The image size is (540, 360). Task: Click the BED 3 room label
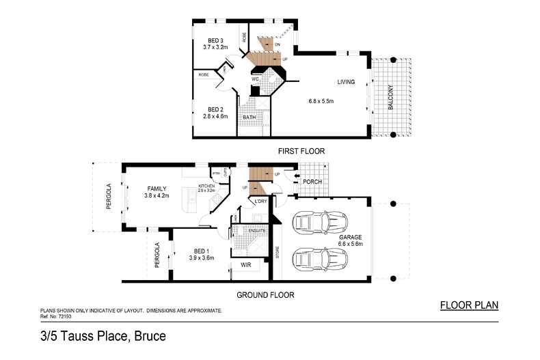tap(214, 40)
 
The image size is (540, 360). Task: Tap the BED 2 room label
tap(214, 109)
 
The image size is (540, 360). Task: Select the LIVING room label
tap(346, 82)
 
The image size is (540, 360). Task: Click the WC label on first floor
tap(254, 79)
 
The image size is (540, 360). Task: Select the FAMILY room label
tap(156, 188)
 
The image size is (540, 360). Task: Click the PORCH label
tap(312, 182)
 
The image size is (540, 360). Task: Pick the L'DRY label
tap(260, 202)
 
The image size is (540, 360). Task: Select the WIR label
tap(245, 264)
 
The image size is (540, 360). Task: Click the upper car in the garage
tap(319, 221)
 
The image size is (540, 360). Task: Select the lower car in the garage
tap(319, 260)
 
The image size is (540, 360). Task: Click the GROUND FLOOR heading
tap(265, 295)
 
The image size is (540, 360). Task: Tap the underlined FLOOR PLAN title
tap(468, 305)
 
